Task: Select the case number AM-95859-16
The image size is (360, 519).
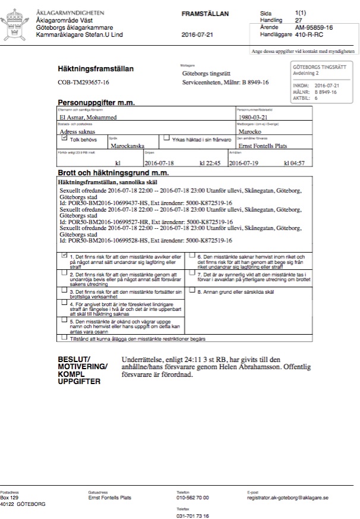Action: (313, 27)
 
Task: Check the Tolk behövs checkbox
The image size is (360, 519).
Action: (64, 137)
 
